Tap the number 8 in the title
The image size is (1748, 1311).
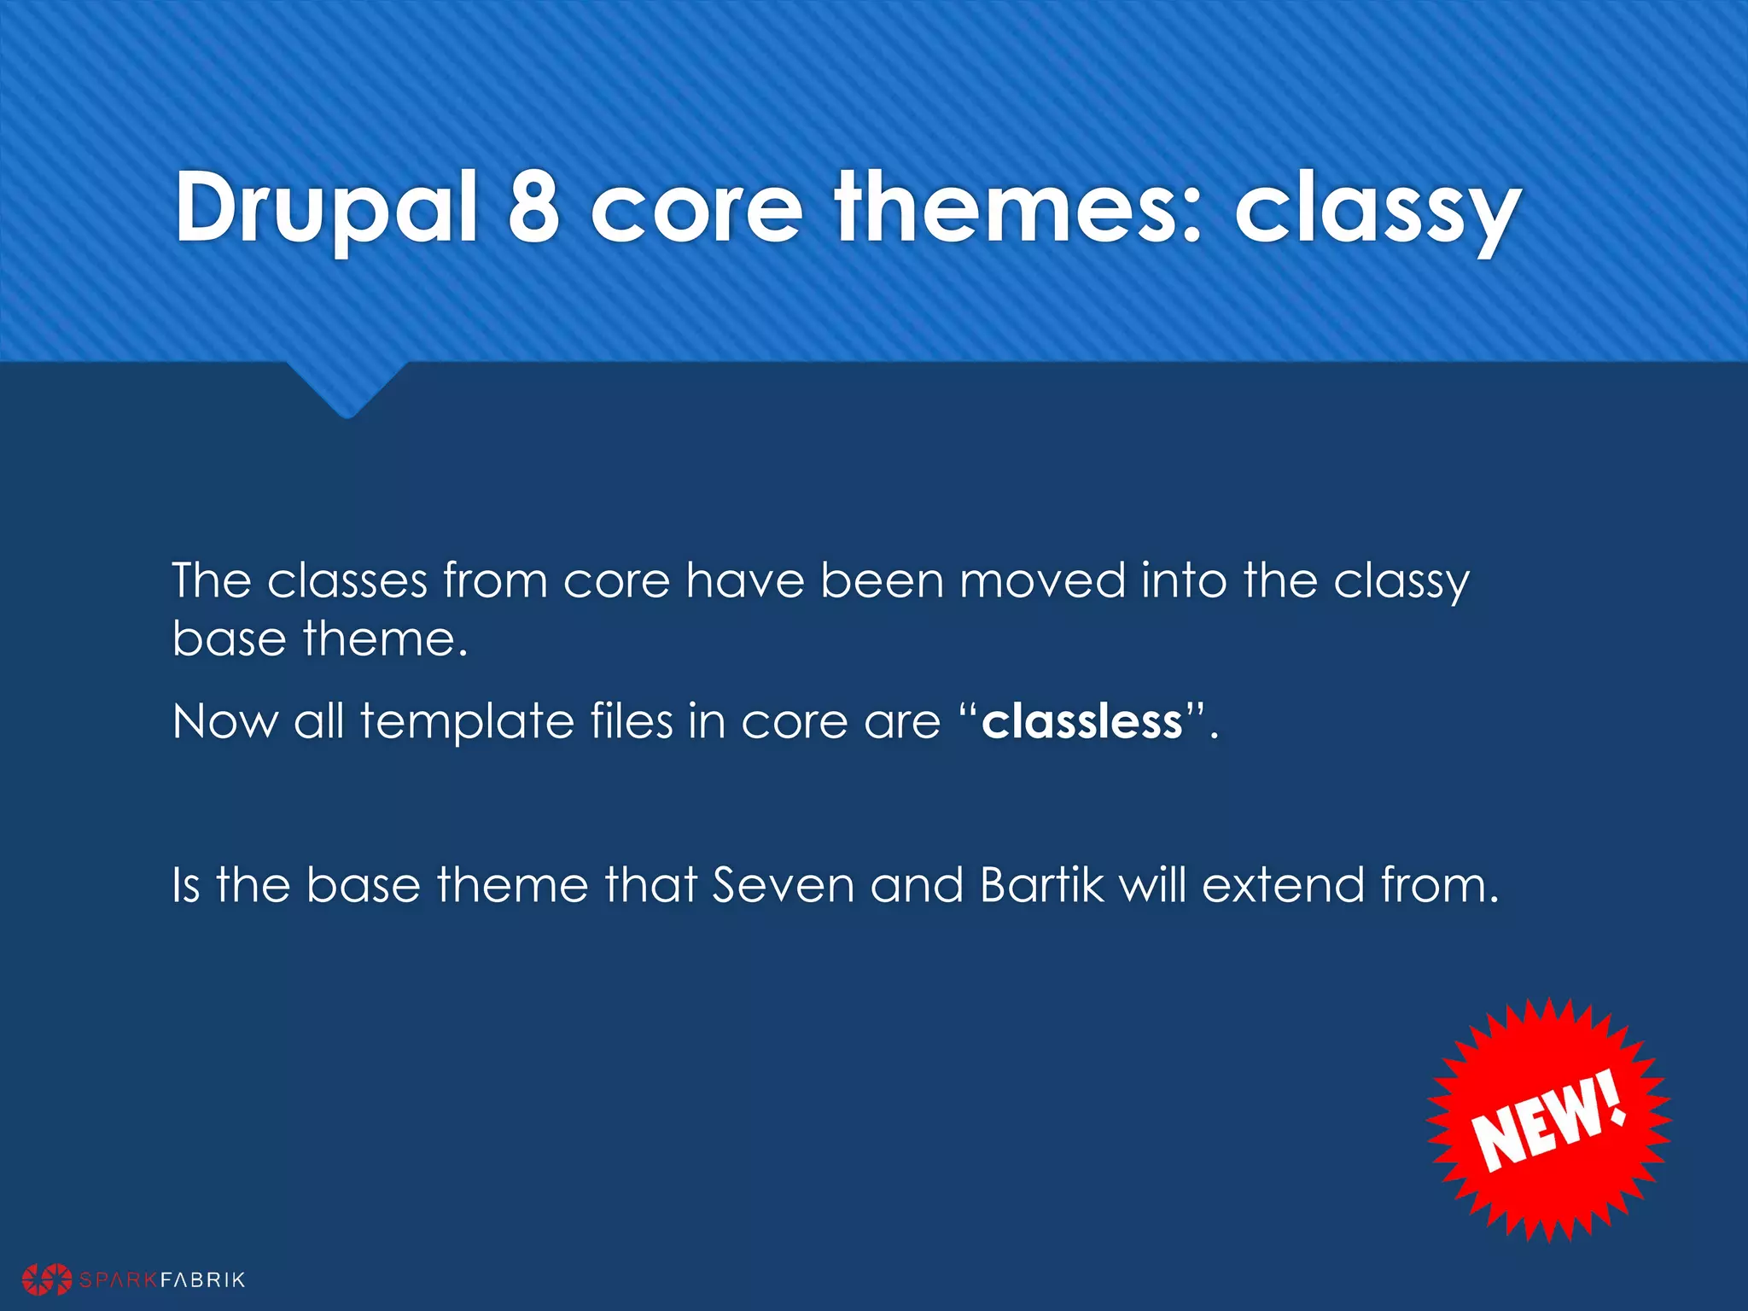coord(534,207)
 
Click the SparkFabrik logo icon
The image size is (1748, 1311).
coord(47,1279)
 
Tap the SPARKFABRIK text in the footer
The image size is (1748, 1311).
coord(162,1279)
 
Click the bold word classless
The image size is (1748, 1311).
coord(1082,721)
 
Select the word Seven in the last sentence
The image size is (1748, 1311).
coord(783,885)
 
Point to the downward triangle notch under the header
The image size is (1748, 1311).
coord(347,388)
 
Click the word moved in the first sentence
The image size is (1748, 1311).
coord(1042,581)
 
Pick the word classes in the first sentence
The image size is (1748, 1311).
coord(347,581)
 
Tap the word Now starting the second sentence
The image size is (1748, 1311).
coord(225,721)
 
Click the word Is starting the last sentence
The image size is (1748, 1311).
coord(186,885)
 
